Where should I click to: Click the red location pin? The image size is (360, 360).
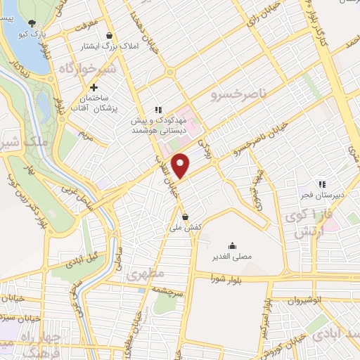click(x=181, y=165)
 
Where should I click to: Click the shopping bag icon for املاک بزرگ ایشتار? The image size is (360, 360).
click(x=109, y=35)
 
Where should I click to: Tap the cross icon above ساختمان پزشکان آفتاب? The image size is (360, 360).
click(x=93, y=87)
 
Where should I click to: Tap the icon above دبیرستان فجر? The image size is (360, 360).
click(x=322, y=184)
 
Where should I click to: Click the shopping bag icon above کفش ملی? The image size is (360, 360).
click(x=185, y=217)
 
